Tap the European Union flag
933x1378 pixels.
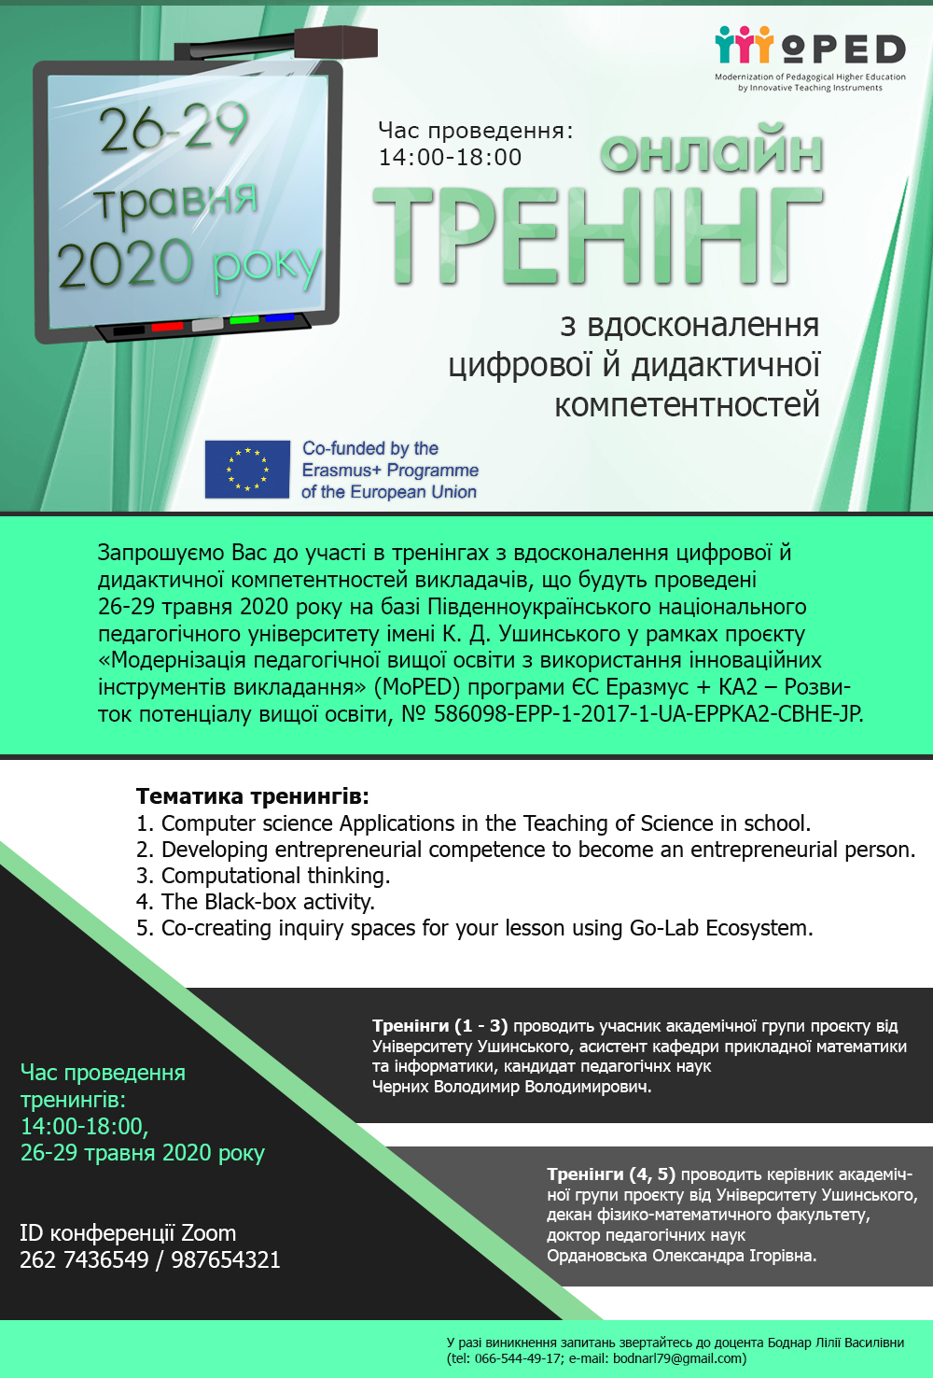pyautogui.click(x=247, y=469)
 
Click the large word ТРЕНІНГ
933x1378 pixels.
pyautogui.click(x=597, y=235)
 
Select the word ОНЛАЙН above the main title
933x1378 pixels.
pyautogui.click(x=712, y=153)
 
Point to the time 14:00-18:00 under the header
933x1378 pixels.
pyautogui.click(x=450, y=158)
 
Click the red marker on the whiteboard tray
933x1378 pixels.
pyautogui.click(x=167, y=327)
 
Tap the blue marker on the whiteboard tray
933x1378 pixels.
pyautogui.click(x=279, y=318)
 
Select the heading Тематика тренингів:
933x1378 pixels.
pyautogui.click(x=253, y=796)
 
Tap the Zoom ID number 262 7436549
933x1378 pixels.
pyautogui.click(x=84, y=1260)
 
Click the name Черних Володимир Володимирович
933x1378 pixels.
pyautogui.click(x=511, y=1087)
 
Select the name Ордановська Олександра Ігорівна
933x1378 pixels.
pyautogui.click(x=681, y=1256)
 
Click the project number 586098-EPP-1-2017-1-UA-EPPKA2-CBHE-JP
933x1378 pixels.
pyautogui.click(x=648, y=714)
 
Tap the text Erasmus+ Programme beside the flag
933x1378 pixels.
pyautogui.click(x=390, y=471)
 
